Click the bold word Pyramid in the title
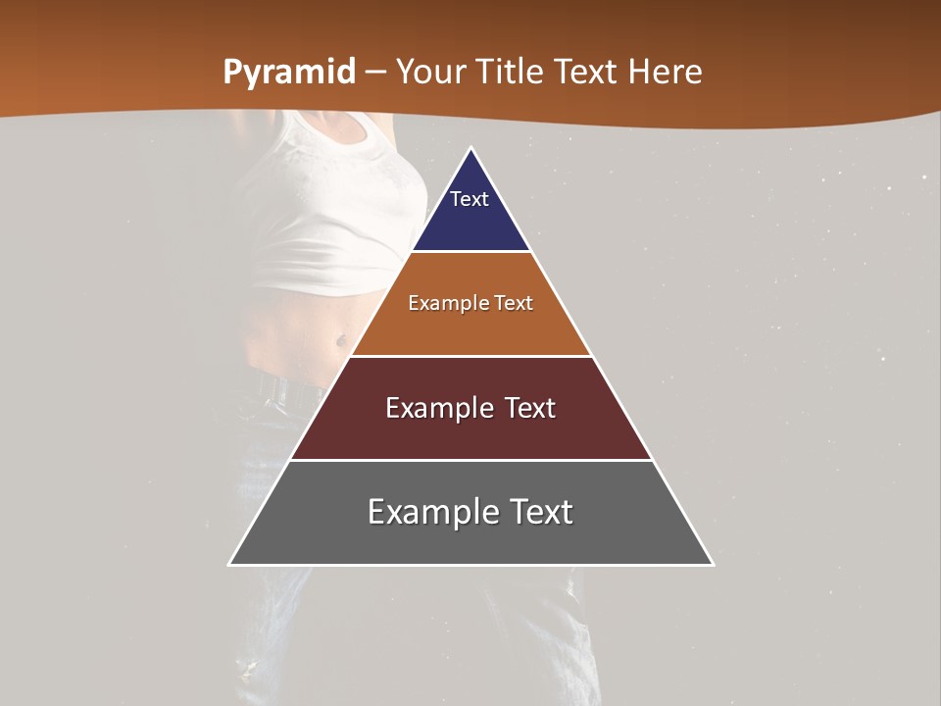[289, 72]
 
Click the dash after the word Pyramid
[375, 72]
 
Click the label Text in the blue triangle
[470, 199]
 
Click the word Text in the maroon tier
[530, 408]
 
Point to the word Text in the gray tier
[540, 512]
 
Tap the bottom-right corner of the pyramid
[712, 564]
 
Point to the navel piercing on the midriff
[340, 341]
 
